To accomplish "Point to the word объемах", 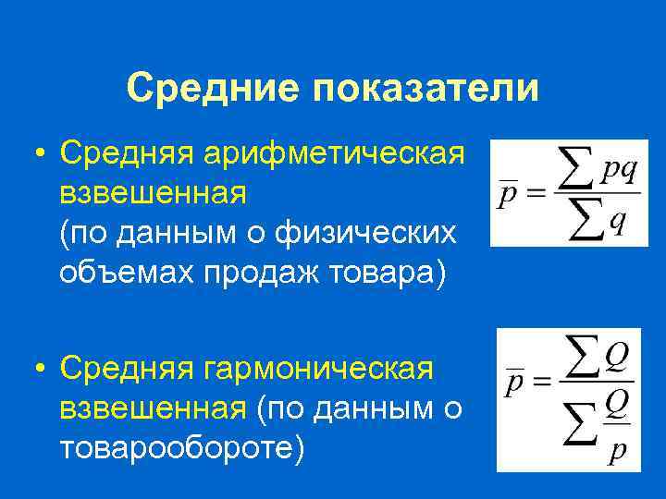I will (118, 274).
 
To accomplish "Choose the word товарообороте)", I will (181, 449).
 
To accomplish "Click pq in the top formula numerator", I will (619, 173).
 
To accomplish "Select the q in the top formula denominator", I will (616, 225).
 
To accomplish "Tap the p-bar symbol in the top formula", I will (506, 196).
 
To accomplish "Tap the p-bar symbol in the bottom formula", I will (513, 383).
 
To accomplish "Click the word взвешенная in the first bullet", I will (153, 193).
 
